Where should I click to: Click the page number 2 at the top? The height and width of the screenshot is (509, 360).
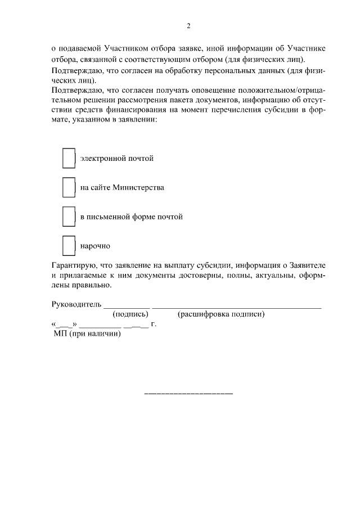pos(189,25)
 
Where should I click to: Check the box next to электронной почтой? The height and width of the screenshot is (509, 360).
pos(69,159)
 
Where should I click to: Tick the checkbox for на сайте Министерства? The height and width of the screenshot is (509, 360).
pos(69,187)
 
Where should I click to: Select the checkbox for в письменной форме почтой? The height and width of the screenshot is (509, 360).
pos(69,217)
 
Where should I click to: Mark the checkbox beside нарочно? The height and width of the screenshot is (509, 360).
pos(69,246)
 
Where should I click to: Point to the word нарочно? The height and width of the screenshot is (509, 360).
pos(95,246)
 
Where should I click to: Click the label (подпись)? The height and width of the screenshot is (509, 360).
pos(130,314)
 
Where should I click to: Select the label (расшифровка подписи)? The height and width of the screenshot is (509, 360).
pos(221,314)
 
